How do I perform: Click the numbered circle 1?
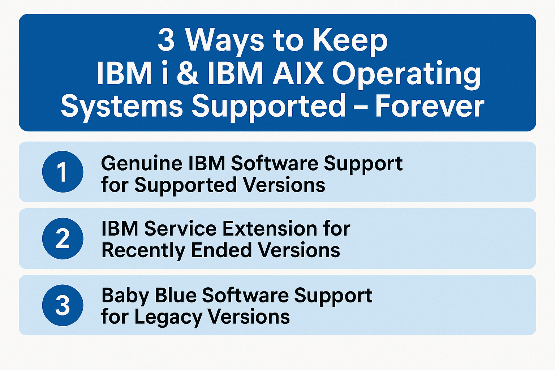click(63, 172)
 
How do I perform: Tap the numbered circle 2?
click(63, 238)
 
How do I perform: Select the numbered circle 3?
click(63, 305)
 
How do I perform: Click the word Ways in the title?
click(225, 42)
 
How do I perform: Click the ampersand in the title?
click(188, 74)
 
